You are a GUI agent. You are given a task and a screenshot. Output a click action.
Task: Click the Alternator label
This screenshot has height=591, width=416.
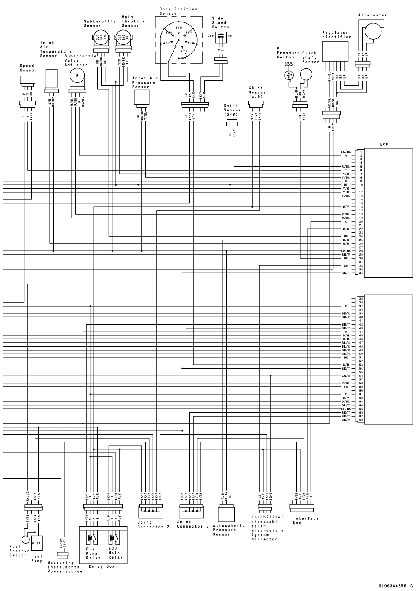coord(372,15)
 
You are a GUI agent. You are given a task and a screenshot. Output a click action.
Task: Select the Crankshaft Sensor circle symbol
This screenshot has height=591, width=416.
coord(306,74)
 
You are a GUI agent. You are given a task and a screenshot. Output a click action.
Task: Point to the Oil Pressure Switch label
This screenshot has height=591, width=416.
coord(285,52)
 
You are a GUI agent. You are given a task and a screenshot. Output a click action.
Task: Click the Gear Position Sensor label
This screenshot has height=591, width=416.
coord(178,11)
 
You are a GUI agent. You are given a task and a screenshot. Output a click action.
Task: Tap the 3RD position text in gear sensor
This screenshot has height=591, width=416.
coord(178,28)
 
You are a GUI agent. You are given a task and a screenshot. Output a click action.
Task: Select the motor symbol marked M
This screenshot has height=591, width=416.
coord(77,76)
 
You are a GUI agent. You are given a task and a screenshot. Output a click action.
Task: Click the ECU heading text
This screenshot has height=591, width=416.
coord(384,144)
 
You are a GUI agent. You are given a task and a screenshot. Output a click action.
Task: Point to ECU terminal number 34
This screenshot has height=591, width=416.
coord(361,273)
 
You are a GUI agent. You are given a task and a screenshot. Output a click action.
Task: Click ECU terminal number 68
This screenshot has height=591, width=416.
coord(361,420)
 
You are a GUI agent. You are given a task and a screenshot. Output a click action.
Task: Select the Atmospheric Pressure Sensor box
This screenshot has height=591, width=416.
coord(226,514)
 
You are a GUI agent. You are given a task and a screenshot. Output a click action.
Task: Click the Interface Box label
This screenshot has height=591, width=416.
coord(306,521)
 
